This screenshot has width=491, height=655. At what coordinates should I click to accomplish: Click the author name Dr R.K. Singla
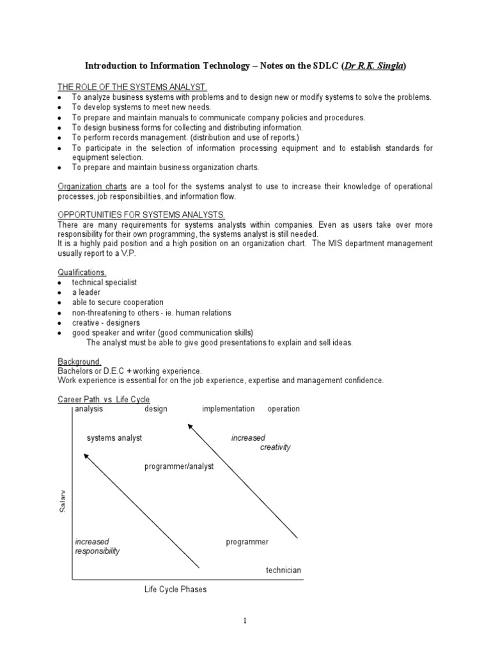[x=375, y=66]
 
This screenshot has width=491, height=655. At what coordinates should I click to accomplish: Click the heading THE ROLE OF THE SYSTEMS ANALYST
[x=132, y=87]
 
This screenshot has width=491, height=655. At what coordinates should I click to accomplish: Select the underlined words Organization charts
[x=93, y=186]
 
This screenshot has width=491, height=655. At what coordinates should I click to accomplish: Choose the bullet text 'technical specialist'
[x=104, y=282]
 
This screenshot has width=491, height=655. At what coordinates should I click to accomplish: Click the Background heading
[x=79, y=361]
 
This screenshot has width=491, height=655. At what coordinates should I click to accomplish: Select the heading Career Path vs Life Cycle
[x=104, y=400]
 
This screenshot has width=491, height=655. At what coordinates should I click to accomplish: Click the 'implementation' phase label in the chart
[x=228, y=409]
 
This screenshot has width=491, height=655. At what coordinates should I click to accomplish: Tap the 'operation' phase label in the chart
[x=283, y=409]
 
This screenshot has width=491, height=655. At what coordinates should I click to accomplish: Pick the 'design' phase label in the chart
[x=156, y=409]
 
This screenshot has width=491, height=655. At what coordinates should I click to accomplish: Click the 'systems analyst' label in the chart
[x=114, y=438]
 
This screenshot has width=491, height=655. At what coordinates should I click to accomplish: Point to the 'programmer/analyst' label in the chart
[x=179, y=466]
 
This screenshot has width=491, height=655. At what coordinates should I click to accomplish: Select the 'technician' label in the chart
[x=283, y=570]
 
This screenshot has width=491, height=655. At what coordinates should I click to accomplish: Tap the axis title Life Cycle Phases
[x=175, y=589]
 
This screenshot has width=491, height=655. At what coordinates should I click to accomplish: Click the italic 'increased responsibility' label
[x=97, y=546]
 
